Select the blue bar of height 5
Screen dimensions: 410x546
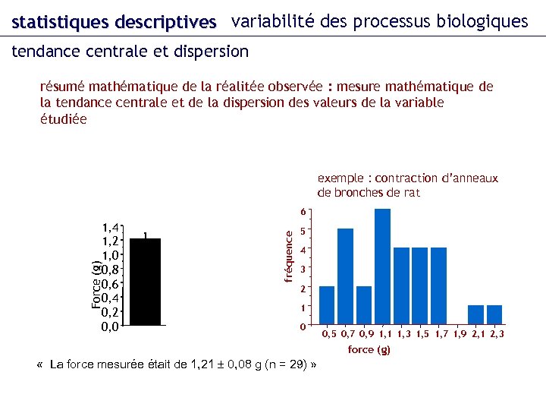pos(345,276)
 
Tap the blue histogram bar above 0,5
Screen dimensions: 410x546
pos(327,305)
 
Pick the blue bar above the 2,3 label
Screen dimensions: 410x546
pos(494,314)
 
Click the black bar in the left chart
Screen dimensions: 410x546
pos(145,281)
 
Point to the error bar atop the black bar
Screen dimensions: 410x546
pos(145,235)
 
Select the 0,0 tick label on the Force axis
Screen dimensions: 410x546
pos(110,327)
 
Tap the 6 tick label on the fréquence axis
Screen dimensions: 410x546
pos(303,212)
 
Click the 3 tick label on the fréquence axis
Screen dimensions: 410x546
pos(303,269)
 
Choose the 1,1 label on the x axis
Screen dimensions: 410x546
pos(385,334)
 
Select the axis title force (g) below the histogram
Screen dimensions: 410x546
pos(369,350)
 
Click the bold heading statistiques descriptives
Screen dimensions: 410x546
pos(114,22)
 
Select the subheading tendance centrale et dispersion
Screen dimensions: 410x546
pos(130,52)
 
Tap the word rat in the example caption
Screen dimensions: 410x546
pos(411,192)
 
